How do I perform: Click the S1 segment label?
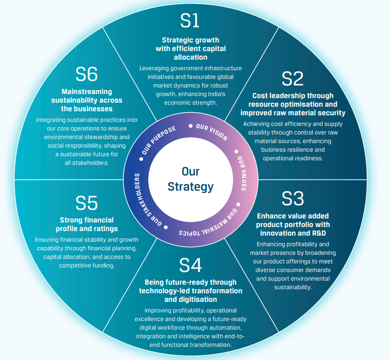[x=190, y=21]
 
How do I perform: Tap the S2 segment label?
[x=292, y=78]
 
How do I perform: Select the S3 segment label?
[x=292, y=198]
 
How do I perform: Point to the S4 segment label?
[x=190, y=264]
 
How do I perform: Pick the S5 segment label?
[x=87, y=203]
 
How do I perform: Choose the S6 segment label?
[x=87, y=75]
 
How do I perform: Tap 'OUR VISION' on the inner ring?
[x=212, y=131]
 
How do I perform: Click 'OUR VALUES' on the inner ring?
[x=241, y=166]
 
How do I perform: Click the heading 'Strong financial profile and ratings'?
[x=87, y=224]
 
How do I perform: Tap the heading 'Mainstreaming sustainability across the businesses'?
[x=87, y=100]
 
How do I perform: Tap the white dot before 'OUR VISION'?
[x=190, y=126]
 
